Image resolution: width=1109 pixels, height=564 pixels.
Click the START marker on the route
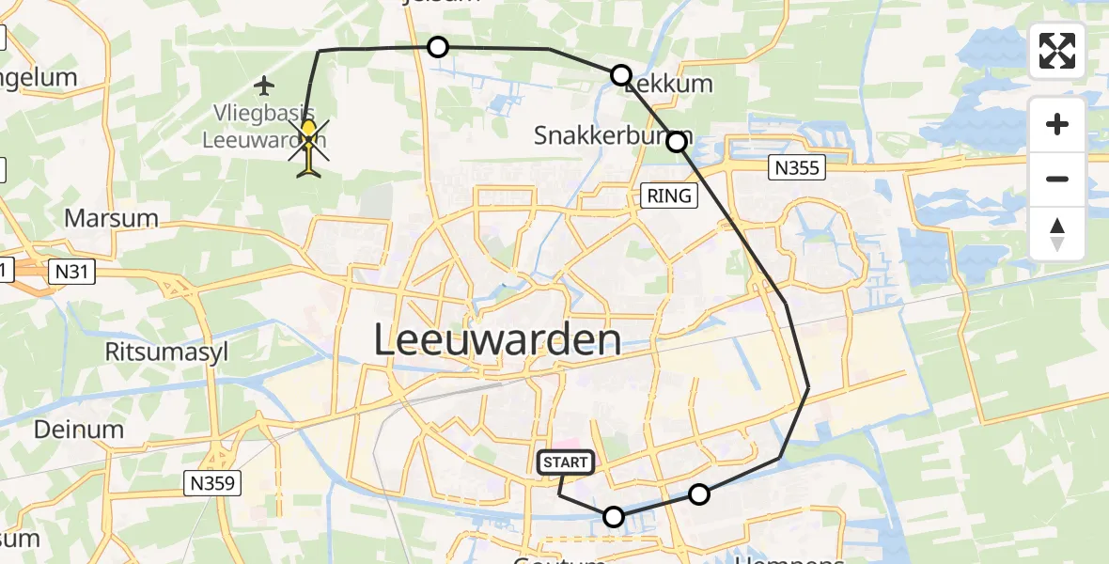click(566, 462)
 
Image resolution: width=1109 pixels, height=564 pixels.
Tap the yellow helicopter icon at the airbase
click(310, 147)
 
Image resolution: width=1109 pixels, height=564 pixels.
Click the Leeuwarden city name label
click(497, 339)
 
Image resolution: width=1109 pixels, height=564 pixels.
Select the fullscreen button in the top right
click(1057, 51)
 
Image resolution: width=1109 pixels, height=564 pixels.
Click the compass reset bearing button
click(1057, 234)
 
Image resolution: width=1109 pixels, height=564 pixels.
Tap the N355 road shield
click(797, 168)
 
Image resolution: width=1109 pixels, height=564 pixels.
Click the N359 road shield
click(213, 484)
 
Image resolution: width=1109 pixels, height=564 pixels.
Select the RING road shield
click(669, 196)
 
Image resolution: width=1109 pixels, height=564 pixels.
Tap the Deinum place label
click(79, 430)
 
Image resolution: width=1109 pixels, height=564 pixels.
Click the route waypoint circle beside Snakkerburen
click(677, 142)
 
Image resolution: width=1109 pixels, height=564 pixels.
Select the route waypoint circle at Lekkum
click(621, 75)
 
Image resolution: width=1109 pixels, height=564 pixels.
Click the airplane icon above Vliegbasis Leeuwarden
click(264, 86)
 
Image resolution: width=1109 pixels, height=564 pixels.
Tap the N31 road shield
click(73, 271)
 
